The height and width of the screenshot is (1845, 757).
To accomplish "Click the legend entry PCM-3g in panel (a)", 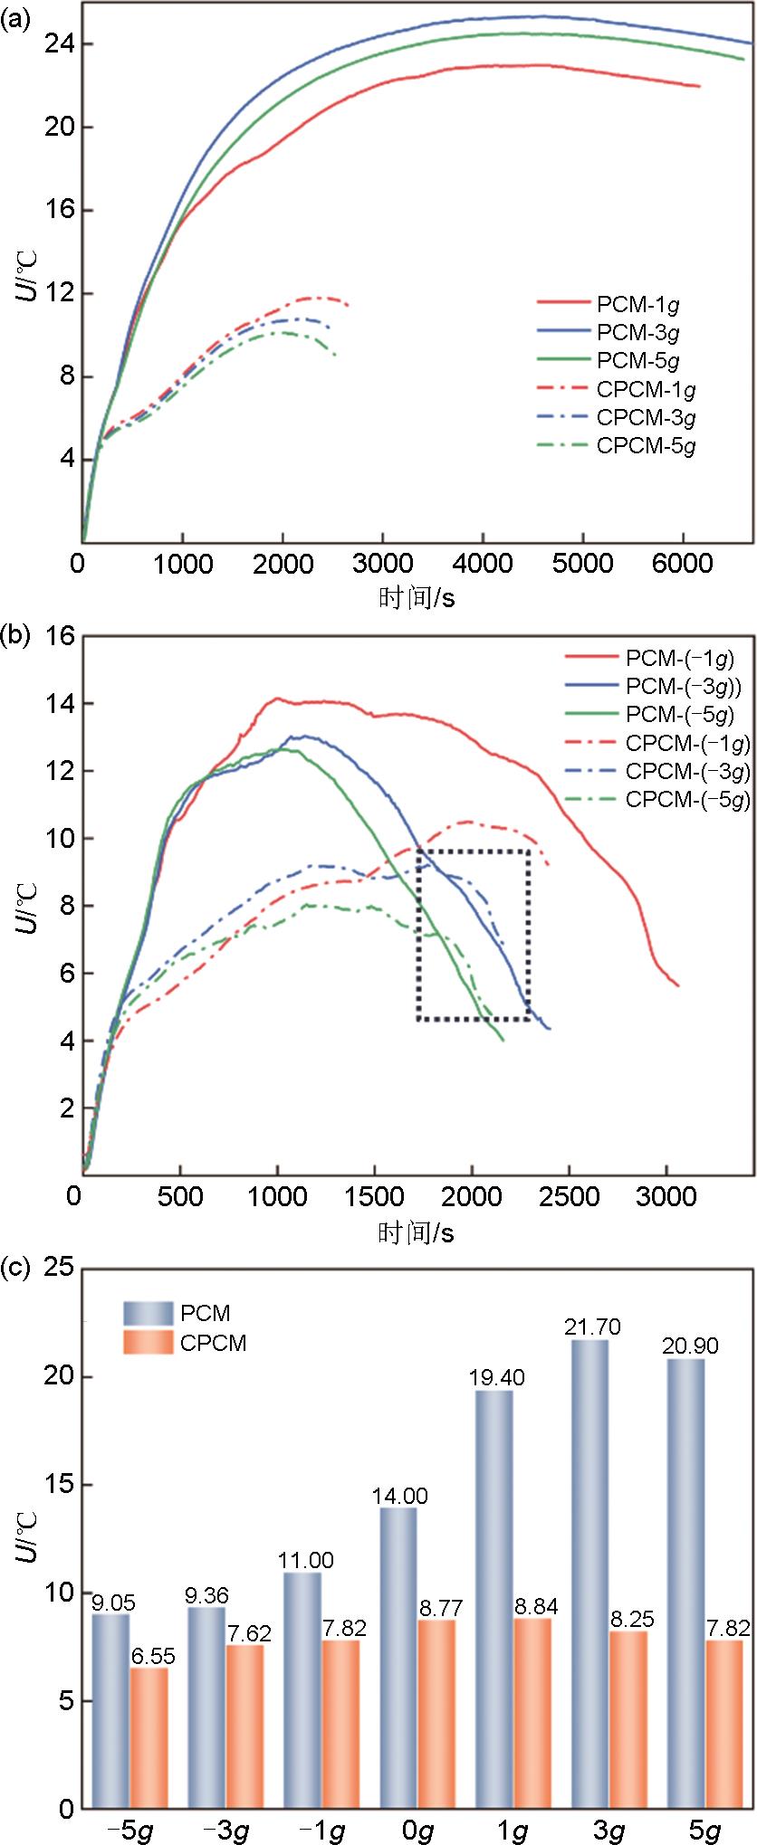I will pos(638,332).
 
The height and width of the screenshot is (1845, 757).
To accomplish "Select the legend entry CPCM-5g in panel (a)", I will pos(647,445).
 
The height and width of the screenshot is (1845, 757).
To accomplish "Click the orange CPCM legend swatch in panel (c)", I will pos(147,1343).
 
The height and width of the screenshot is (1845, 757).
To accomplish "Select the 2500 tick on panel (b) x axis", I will pos(572,1196).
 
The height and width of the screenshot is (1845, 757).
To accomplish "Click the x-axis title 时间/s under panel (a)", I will pos(416,597).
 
